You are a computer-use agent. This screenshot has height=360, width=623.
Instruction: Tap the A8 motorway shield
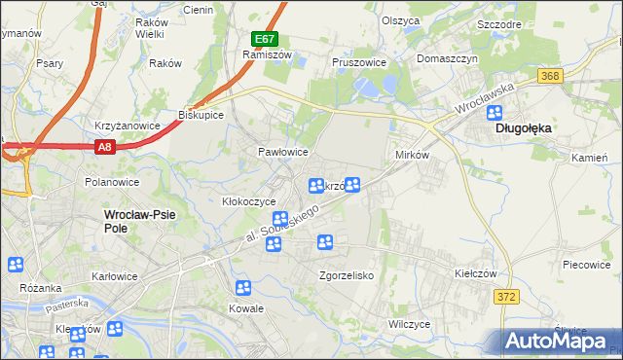pyautogui.click(x=105, y=147)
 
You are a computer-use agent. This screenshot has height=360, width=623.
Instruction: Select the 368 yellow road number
pyautogui.click(x=552, y=75)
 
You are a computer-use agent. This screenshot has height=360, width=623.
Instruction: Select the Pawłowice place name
pyautogui.click(x=283, y=153)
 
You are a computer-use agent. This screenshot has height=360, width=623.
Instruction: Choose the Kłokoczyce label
pyautogui.click(x=249, y=201)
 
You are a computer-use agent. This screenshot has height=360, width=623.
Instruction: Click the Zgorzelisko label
pyautogui.click(x=348, y=275)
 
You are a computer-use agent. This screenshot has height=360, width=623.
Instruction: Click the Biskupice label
pyautogui.click(x=202, y=114)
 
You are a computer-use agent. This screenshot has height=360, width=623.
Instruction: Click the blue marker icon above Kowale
pyautogui.click(x=243, y=287)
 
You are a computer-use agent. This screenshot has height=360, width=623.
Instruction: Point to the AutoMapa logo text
pyautogui.click(x=560, y=342)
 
